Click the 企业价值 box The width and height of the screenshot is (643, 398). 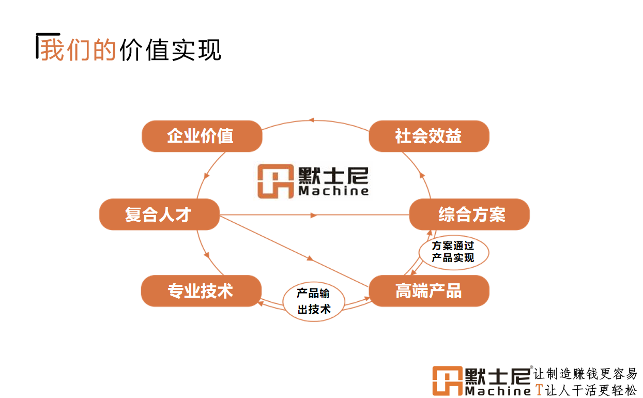click(x=202, y=136)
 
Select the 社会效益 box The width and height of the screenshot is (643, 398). click(x=428, y=136)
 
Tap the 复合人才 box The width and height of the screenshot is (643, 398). click(x=159, y=215)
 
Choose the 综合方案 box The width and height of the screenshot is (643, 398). click(x=469, y=215)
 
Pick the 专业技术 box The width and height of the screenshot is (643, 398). click(x=201, y=291)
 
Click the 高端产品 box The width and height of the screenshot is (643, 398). click(x=428, y=291)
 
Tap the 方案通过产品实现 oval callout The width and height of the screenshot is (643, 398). click(x=453, y=252)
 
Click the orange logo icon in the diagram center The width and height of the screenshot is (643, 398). click(x=275, y=181)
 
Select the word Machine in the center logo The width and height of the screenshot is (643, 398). click(x=334, y=191)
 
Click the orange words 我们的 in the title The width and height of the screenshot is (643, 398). click(x=78, y=50)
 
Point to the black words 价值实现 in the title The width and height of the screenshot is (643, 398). click(x=170, y=50)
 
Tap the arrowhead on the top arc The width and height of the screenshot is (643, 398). click(x=311, y=120)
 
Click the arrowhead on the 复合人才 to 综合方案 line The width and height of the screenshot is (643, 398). click(x=314, y=215)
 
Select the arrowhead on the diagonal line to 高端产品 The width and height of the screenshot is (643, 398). click(x=310, y=258)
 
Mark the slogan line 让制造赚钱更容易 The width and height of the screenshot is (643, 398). click(x=585, y=374)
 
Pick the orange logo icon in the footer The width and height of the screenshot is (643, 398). click(x=447, y=381)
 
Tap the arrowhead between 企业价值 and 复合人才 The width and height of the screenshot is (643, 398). click(x=207, y=176)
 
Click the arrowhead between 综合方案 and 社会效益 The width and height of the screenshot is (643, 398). click(x=422, y=176)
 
